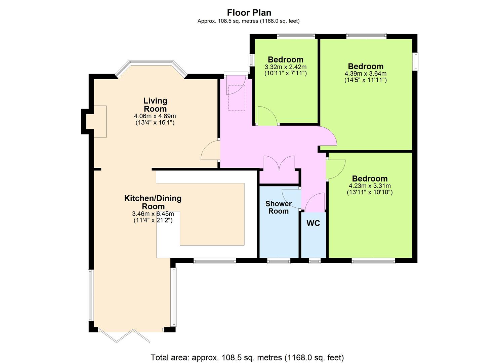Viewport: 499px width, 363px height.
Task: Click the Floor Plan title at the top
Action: click(x=249, y=13)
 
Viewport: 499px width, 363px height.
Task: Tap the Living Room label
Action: click(x=155, y=105)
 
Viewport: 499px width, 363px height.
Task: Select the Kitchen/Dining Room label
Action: click(x=153, y=202)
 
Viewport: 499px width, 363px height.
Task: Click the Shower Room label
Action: click(x=279, y=207)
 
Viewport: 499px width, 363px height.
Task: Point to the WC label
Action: click(x=313, y=223)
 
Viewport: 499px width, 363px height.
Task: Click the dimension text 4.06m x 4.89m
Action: click(x=155, y=116)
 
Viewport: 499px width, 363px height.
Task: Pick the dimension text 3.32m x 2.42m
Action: click(x=286, y=67)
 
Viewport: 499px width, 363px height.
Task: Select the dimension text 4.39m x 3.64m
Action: click(x=366, y=74)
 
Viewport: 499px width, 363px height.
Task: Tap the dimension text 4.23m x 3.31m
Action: click(x=370, y=186)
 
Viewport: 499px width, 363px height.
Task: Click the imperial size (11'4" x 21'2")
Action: click(x=153, y=220)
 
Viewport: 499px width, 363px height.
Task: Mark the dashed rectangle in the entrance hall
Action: click(x=237, y=98)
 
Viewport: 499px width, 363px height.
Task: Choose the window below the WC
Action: click(x=315, y=261)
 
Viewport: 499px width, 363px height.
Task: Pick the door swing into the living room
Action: click(x=209, y=150)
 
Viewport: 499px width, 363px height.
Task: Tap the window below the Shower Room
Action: click(x=279, y=261)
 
